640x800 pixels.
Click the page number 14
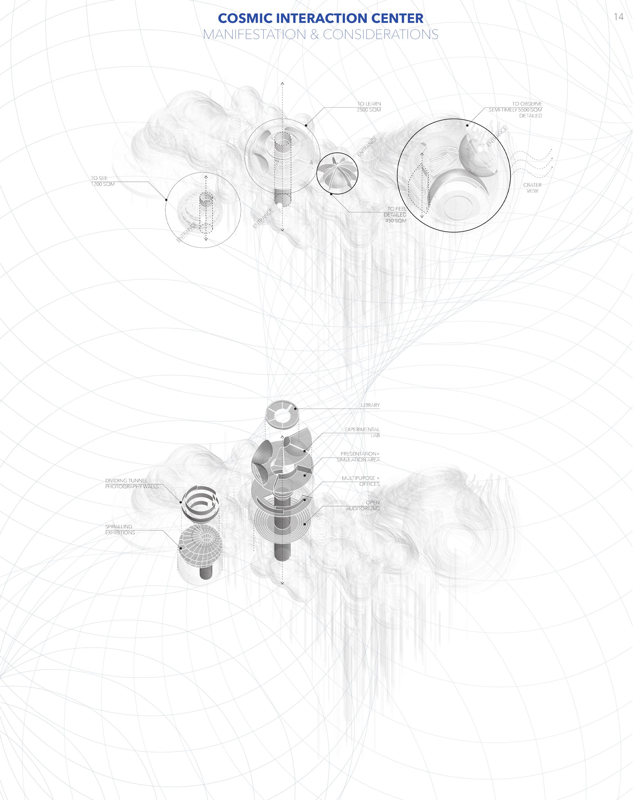(619, 17)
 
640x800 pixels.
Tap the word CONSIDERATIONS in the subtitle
(381, 35)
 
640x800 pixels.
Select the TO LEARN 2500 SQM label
(369, 107)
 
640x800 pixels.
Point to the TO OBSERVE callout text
(515, 110)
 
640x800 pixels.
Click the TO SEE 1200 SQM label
(103, 181)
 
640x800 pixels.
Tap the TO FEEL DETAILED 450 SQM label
(395, 215)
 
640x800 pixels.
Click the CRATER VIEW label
(532, 188)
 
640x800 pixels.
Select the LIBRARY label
(370, 405)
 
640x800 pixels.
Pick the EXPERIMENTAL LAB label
(362, 432)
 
